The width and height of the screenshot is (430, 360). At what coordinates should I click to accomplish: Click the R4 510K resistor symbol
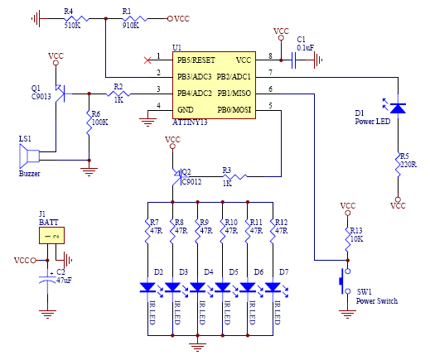pyautogui.click(x=76, y=19)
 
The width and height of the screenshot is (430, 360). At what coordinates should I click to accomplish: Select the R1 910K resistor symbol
pyautogui.click(x=135, y=19)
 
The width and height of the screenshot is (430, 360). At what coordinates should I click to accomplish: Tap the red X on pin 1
pyautogui.click(x=147, y=60)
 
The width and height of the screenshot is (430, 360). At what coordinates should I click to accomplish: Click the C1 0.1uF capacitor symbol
pyautogui.click(x=293, y=60)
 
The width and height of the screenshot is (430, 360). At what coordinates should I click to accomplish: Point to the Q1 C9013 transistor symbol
pyautogui.click(x=60, y=94)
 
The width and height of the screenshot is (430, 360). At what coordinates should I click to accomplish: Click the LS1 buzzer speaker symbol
pyautogui.click(x=29, y=156)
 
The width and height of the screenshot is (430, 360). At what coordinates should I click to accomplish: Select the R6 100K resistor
pyautogui.click(x=89, y=122)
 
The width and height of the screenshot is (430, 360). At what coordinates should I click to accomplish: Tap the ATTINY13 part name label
pyautogui.click(x=190, y=122)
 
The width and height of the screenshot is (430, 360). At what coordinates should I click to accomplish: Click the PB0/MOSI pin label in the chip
pyautogui.click(x=234, y=110)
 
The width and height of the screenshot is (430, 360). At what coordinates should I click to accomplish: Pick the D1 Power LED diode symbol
pyautogui.click(x=398, y=108)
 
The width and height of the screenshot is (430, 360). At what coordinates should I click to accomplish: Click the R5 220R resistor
pyautogui.click(x=398, y=164)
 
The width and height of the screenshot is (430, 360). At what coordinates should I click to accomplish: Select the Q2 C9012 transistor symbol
pyautogui.click(x=177, y=176)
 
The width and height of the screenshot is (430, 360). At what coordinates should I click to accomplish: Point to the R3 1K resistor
pyautogui.click(x=234, y=176)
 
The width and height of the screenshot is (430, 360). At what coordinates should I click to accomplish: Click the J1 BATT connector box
pyautogui.click(x=51, y=235)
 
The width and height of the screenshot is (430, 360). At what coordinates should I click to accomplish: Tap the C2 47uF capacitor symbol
pyautogui.click(x=47, y=279)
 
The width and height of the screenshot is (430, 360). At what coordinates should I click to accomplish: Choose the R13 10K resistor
pyautogui.click(x=348, y=239)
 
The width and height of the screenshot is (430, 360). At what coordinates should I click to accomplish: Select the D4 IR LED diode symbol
pyautogui.click(x=198, y=287)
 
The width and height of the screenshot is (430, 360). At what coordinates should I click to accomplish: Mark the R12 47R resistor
pyautogui.click(x=273, y=231)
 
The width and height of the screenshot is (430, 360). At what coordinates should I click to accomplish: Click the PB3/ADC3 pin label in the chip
pyautogui.click(x=195, y=77)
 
